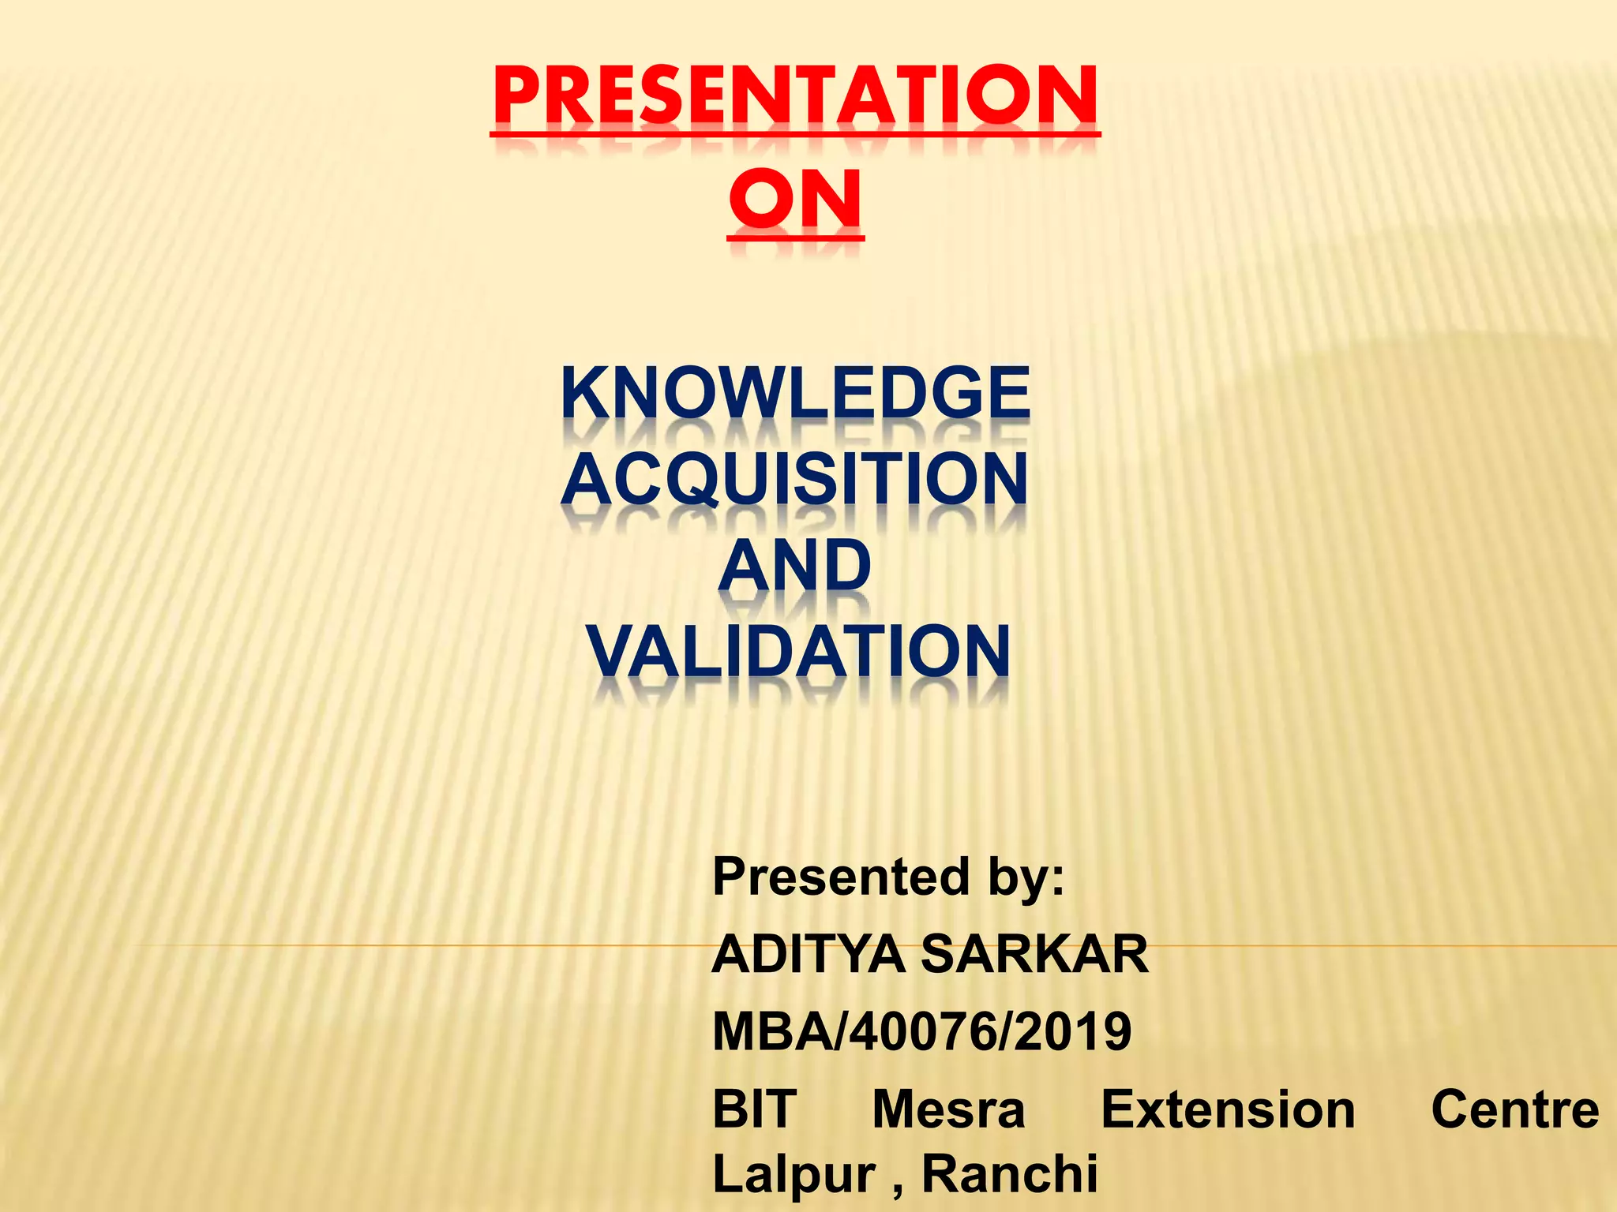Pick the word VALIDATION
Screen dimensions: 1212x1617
pyautogui.click(x=797, y=652)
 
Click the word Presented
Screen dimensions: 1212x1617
pyautogui.click(x=839, y=877)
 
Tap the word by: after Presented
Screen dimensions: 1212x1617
pyautogui.click(x=1024, y=877)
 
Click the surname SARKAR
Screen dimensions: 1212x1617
pyautogui.click(x=1034, y=955)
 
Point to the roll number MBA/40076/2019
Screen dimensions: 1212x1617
pyautogui.click(x=921, y=1032)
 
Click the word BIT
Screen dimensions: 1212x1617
pyautogui.click(x=754, y=1109)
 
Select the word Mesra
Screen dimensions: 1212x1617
pyautogui.click(x=948, y=1109)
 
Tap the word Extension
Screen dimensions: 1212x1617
pyautogui.click(x=1228, y=1109)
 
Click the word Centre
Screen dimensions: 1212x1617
pyautogui.click(x=1514, y=1109)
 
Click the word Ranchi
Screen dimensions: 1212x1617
pyautogui.click(x=1010, y=1173)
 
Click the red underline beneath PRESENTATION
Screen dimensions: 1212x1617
pyautogui.click(x=795, y=135)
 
